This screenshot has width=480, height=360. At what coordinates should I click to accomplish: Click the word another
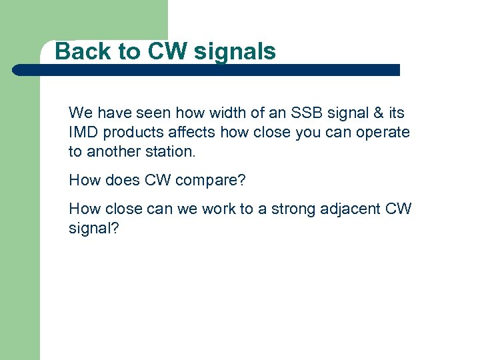[112, 151]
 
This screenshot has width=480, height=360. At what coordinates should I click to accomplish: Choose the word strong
[287, 209]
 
